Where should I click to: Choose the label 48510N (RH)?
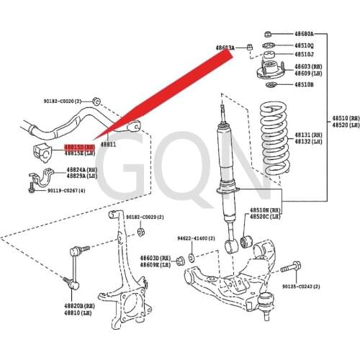tap(264, 210)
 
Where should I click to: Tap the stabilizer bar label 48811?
tap(108, 144)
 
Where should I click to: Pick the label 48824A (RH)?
tap(81, 170)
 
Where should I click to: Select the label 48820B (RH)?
tap(77, 305)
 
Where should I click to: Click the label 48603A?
tap(225, 48)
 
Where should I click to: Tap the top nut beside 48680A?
tap(268, 34)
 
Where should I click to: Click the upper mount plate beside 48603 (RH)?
tap(267, 71)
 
